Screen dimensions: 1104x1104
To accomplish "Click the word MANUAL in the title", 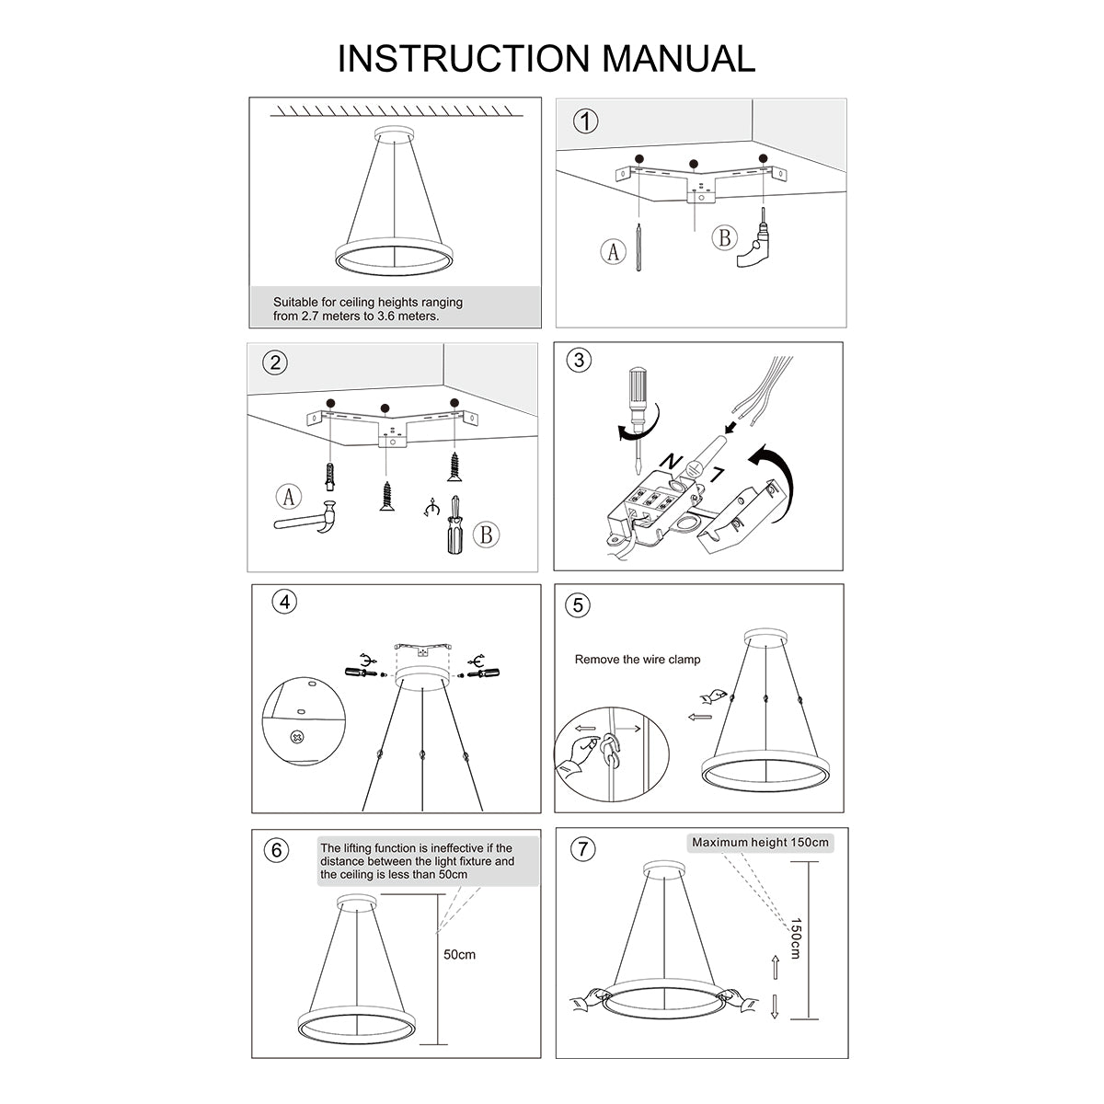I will pyautogui.click(x=679, y=58).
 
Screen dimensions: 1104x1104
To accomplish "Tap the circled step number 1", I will pyautogui.click(x=585, y=121).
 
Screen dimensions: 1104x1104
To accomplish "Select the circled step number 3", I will pyautogui.click(x=579, y=360).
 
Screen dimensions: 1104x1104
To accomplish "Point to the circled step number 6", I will pyautogui.click(x=277, y=850).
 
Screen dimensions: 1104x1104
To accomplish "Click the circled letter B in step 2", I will pyautogui.click(x=487, y=535).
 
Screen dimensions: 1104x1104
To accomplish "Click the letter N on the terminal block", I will pyautogui.click(x=673, y=458).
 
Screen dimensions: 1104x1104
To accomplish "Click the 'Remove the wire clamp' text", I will pyautogui.click(x=638, y=660).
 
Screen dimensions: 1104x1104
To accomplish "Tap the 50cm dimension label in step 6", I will pyautogui.click(x=460, y=954).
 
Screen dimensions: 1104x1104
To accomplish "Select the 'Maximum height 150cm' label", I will pyautogui.click(x=760, y=842).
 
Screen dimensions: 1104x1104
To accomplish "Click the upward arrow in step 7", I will pyautogui.click(x=775, y=966).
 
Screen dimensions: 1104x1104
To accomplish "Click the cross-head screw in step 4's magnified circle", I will pyautogui.click(x=297, y=736).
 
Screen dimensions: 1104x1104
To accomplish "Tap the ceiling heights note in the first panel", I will pyautogui.click(x=368, y=308).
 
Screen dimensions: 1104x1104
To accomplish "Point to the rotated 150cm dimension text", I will pyautogui.click(x=795, y=938).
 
